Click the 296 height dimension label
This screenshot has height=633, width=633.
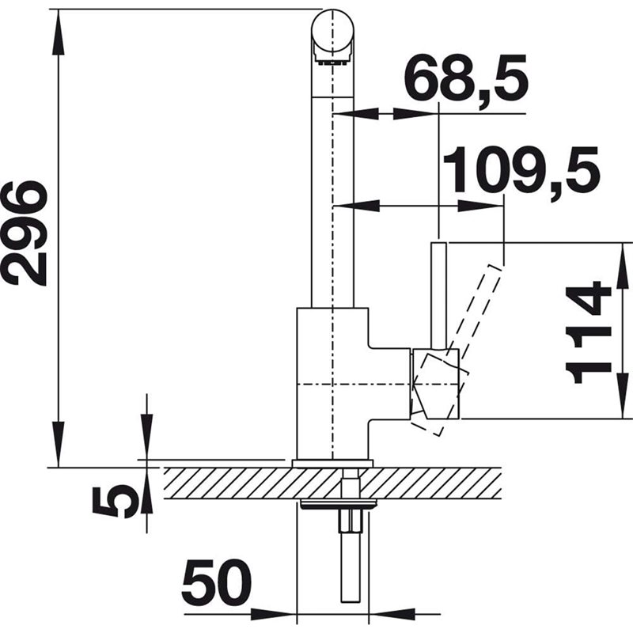(25, 233)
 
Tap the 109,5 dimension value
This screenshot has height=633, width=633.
(521, 170)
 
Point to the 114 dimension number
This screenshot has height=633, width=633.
(589, 332)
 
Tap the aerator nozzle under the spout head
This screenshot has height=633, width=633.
(332, 62)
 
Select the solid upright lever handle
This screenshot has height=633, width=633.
(439, 295)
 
